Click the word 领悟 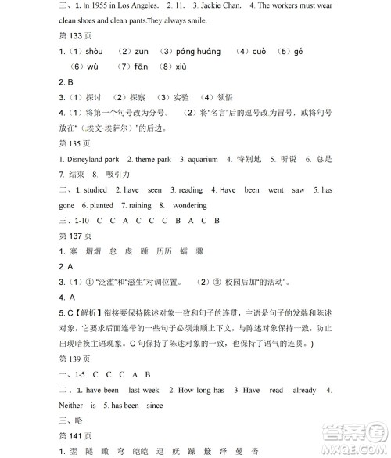223,98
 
